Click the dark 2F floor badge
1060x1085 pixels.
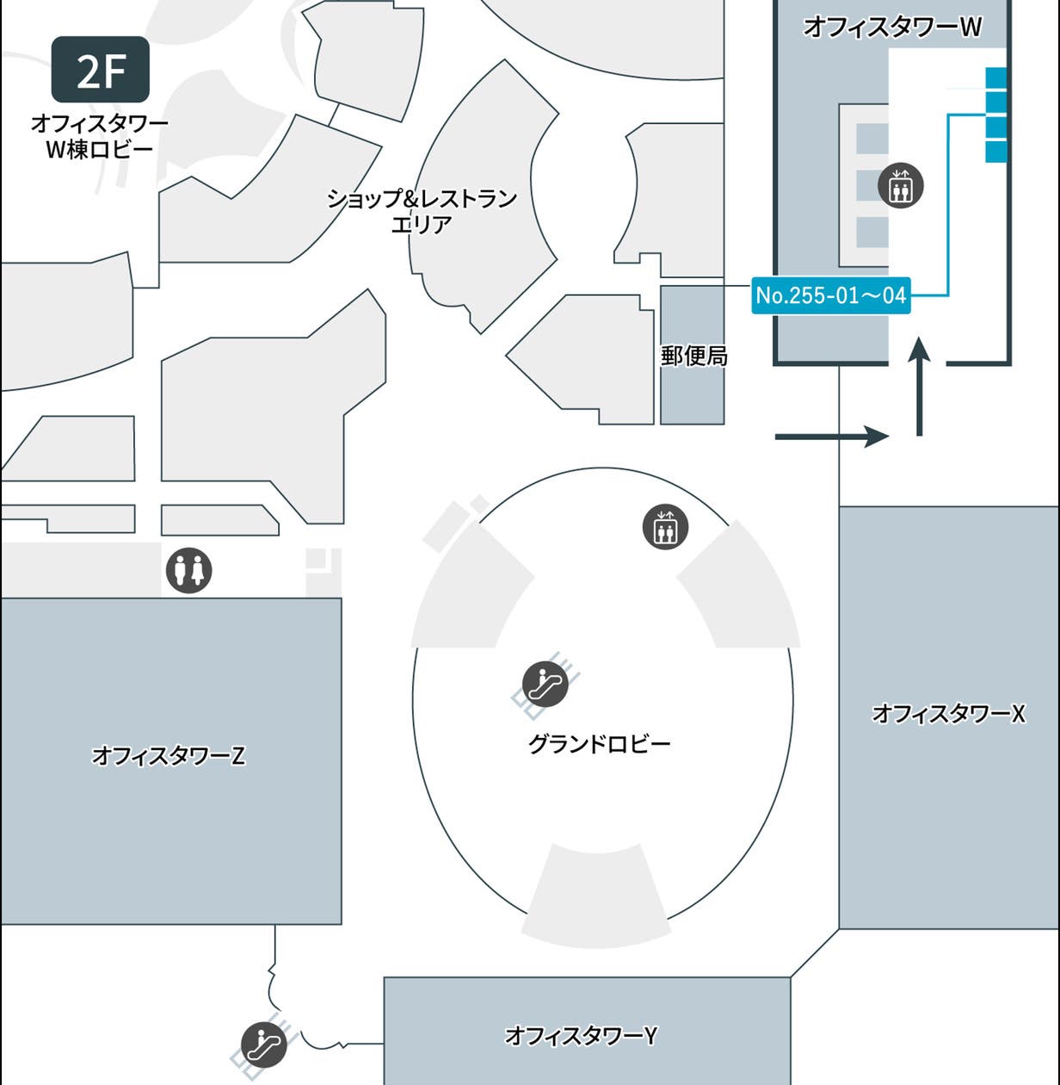(101, 70)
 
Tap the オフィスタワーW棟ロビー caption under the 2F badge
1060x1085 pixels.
(100, 136)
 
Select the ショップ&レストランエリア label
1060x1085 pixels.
(422, 211)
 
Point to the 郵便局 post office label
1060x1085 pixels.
(693, 356)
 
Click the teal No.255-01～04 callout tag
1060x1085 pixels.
(830, 295)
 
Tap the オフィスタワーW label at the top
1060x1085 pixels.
(892, 27)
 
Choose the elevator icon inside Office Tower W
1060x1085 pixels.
(900, 185)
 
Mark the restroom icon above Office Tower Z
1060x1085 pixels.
(188, 570)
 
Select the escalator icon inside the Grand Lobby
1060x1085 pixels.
(545, 685)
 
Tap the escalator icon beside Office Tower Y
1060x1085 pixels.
(263, 1045)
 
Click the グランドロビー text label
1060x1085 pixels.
(599, 743)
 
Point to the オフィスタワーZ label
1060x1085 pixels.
(169, 755)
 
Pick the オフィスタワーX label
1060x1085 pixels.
(948, 713)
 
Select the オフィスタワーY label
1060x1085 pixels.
(582, 1034)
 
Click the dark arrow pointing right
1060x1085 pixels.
(831, 437)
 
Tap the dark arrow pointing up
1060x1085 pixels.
(920, 387)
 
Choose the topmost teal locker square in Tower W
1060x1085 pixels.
(995, 78)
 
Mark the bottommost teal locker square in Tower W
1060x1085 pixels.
(995, 151)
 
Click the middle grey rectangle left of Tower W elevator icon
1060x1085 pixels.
(872, 185)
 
